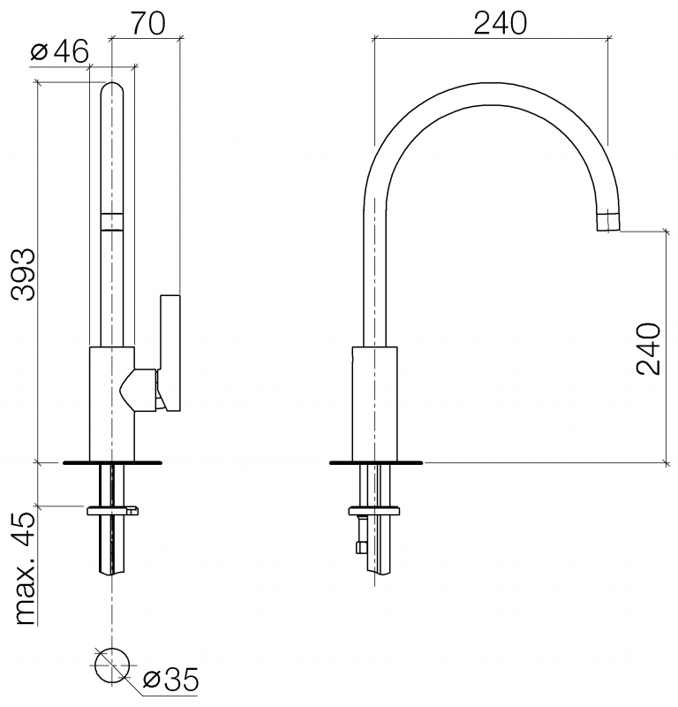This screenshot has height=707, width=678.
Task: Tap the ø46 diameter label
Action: coord(59,51)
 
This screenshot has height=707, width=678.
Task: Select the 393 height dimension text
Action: coord(23,275)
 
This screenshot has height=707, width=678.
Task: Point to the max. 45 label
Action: coord(25,569)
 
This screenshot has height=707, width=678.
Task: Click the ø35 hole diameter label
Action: coord(170,680)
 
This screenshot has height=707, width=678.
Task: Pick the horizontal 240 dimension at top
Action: coord(500,23)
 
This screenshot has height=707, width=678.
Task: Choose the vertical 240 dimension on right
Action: coord(648,348)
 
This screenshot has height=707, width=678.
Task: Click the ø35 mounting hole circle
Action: coord(112,666)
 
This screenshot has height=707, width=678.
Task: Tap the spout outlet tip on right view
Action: coord(608,221)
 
